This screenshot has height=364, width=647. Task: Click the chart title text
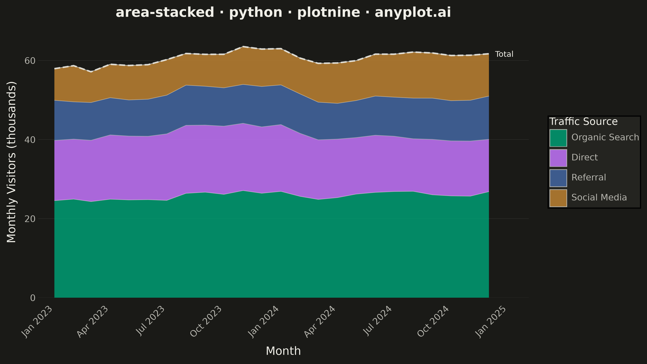click(283, 13)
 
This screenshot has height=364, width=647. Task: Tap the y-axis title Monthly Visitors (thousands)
click(11, 162)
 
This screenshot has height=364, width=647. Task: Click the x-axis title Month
click(283, 351)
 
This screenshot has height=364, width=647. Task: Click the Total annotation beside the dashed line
click(504, 54)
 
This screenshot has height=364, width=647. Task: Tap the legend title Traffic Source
click(583, 122)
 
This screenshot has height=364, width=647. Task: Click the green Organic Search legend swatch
click(558, 138)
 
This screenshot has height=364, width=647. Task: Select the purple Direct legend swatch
click(558, 158)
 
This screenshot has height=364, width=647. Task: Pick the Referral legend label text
click(589, 177)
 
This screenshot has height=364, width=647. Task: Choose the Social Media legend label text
click(599, 197)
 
